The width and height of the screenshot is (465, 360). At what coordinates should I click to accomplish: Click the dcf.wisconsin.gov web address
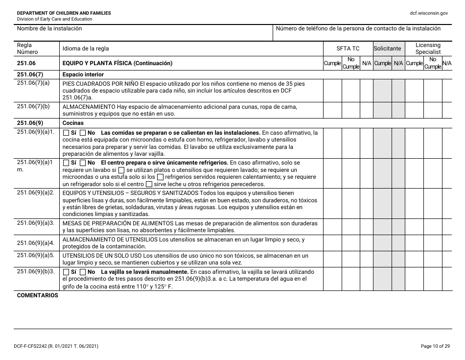click(429, 13)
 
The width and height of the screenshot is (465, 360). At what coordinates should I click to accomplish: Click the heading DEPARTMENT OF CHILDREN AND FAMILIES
click(64, 13)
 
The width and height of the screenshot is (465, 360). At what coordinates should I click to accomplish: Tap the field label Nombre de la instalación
click(49, 29)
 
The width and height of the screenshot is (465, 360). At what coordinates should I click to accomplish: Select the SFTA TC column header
click(348, 48)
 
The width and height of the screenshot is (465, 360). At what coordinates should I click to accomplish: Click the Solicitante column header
click(388, 48)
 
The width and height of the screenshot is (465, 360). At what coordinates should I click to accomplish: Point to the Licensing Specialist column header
click(428, 48)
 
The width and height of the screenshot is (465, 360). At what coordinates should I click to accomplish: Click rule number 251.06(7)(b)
click(33, 106)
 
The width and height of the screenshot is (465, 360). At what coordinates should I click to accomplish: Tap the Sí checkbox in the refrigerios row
click(66, 163)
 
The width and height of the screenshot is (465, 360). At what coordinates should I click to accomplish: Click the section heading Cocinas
click(73, 123)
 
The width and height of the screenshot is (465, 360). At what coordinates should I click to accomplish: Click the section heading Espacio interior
click(83, 75)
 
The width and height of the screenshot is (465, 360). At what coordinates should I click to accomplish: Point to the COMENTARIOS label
click(37, 296)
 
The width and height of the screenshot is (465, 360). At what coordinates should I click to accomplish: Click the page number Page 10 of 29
click(435, 347)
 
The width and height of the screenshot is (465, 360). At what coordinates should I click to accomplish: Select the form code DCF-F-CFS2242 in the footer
click(37, 347)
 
